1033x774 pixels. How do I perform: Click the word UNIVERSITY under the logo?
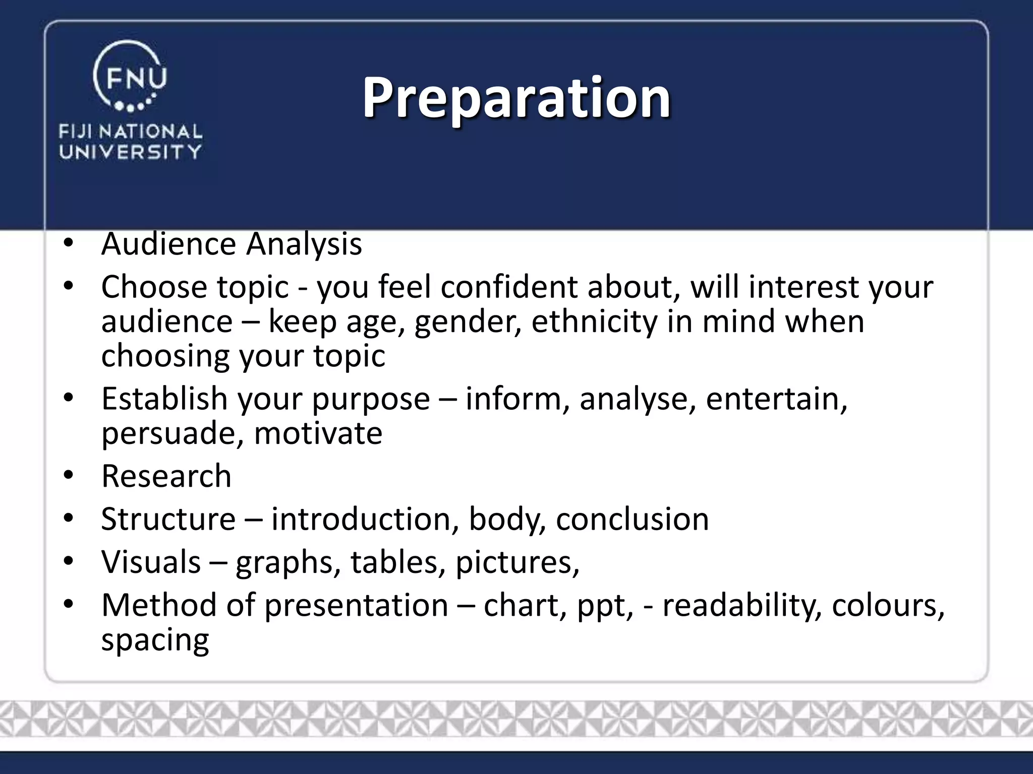tap(131, 152)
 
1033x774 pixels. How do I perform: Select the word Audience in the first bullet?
tap(168, 244)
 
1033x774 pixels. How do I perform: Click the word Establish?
tap(164, 399)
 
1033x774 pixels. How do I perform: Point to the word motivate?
tap(318, 433)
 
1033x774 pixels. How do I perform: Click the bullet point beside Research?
tap(69, 475)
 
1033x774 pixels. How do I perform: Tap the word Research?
tap(166, 476)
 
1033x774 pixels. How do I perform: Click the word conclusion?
tap(632, 519)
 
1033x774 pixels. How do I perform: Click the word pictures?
tap(517, 563)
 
